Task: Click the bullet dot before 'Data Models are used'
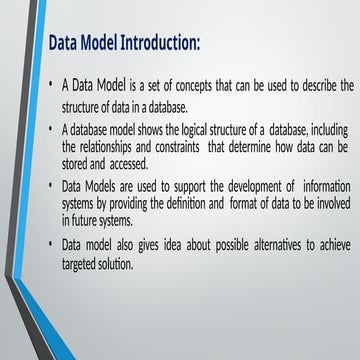(x=52, y=185)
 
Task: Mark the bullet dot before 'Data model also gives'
(x=52, y=245)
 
